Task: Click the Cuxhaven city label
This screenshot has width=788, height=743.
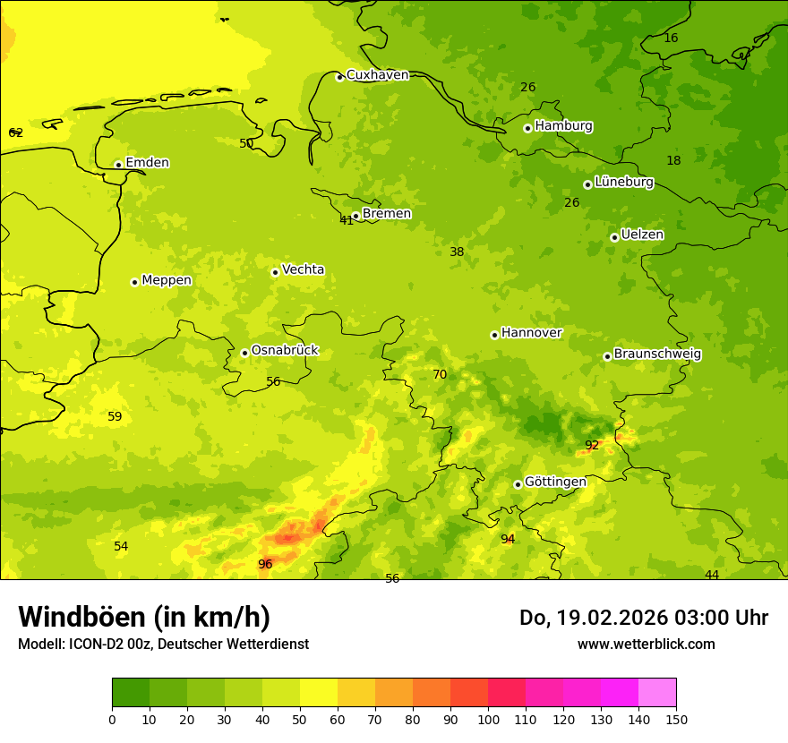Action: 377,75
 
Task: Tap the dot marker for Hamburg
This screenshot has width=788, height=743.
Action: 527,128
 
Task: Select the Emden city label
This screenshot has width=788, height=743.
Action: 147,163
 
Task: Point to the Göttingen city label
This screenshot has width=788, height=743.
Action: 555,482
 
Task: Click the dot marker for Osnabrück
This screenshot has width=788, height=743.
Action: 244,353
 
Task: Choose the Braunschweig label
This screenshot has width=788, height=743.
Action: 657,354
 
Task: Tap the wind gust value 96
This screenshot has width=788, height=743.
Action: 265,564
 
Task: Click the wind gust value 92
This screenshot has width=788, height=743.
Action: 592,445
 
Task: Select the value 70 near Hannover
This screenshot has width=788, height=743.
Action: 440,374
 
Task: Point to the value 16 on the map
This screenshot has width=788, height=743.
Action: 671,38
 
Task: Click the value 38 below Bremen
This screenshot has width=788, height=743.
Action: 457,252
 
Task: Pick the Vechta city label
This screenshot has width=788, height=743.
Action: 303,269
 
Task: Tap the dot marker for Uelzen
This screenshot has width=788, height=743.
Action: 614,237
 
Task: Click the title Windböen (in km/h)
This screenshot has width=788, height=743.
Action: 144,617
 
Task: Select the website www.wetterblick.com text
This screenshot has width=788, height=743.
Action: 646,644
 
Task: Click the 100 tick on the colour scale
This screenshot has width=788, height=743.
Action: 488,719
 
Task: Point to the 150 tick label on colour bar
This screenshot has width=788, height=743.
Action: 676,719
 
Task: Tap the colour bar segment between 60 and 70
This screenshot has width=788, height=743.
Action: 356,693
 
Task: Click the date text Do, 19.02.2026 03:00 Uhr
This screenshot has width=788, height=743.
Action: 644,618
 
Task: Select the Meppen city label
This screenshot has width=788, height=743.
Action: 167,280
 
